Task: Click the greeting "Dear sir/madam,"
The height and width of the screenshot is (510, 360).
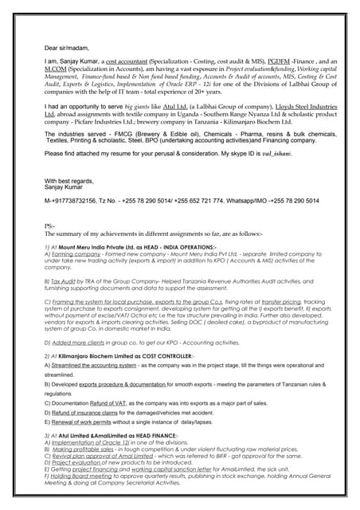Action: [x=68, y=46]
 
